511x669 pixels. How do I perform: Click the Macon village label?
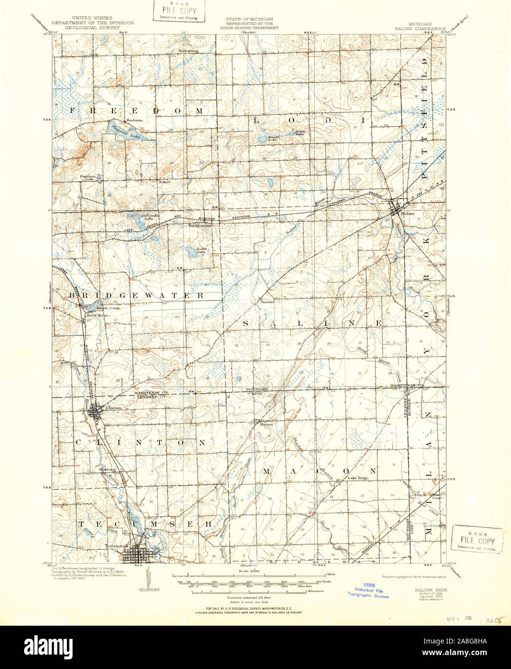pyautogui.click(x=266, y=424)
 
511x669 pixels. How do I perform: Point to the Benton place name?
pyautogui.click(x=268, y=302)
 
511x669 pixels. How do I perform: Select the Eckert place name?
pyautogui.click(x=165, y=182)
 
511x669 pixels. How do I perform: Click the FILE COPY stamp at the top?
pyautogui.click(x=179, y=10)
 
